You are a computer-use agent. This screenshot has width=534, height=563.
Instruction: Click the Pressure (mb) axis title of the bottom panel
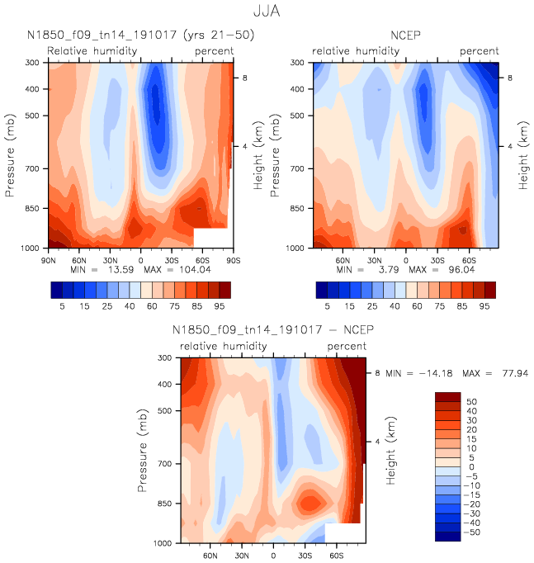pos(144,450)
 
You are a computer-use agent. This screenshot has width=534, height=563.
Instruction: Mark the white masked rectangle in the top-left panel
pos(210,237)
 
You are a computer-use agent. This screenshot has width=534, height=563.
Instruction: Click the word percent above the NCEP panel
pos(479,51)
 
